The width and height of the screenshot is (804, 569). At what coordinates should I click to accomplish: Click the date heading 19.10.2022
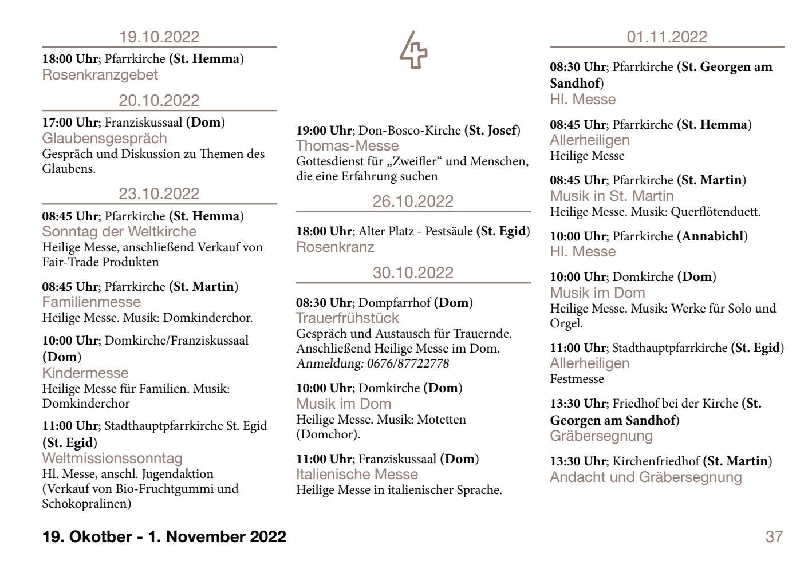coord(159,37)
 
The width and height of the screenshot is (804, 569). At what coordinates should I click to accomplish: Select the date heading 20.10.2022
coord(159,101)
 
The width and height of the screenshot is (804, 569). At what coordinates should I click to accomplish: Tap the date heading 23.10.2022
coord(159,194)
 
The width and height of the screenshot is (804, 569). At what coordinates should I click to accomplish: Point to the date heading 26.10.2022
coord(413,201)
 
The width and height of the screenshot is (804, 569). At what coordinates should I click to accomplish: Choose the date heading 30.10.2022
coord(413,272)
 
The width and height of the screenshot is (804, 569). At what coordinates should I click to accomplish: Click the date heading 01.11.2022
coord(667,37)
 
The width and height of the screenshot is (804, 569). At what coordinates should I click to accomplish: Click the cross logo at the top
coord(413,50)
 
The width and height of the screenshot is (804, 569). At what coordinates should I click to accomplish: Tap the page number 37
coord(774,537)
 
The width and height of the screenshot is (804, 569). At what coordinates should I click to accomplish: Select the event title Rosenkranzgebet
coord(100,75)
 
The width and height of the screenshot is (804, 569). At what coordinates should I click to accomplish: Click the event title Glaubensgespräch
coord(105,139)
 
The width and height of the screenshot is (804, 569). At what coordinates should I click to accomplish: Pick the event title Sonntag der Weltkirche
coord(119,232)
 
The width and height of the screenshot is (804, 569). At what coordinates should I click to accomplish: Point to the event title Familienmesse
coord(92,302)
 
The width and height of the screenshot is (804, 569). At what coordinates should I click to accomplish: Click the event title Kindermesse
coord(85,373)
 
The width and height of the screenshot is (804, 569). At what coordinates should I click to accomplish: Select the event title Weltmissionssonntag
coord(112,459)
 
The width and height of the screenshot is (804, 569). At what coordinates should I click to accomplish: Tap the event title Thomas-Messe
coord(347,145)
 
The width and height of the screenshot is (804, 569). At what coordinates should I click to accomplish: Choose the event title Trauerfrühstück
coord(348,318)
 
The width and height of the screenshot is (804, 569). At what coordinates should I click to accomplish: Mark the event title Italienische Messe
coord(357,475)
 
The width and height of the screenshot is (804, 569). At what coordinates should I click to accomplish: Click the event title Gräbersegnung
coord(601,436)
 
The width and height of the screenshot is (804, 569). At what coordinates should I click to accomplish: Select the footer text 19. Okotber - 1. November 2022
coord(164,537)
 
